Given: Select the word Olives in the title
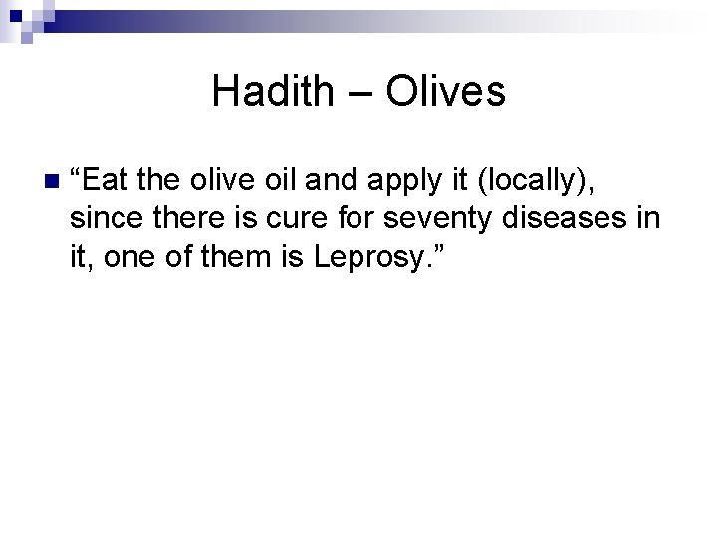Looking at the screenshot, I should click(x=445, y=93).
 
